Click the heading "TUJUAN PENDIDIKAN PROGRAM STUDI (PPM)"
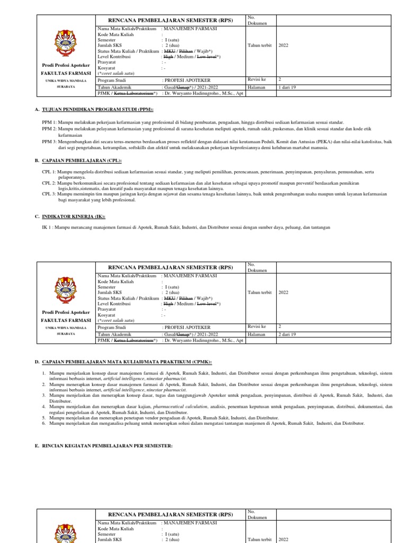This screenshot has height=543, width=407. (101, 109)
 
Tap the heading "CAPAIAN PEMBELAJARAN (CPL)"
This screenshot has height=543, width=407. (85, 160)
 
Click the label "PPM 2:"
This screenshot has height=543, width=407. (49, 128)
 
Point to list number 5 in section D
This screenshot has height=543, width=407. (44, 418)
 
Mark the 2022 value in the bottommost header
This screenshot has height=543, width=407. (284, 539)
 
